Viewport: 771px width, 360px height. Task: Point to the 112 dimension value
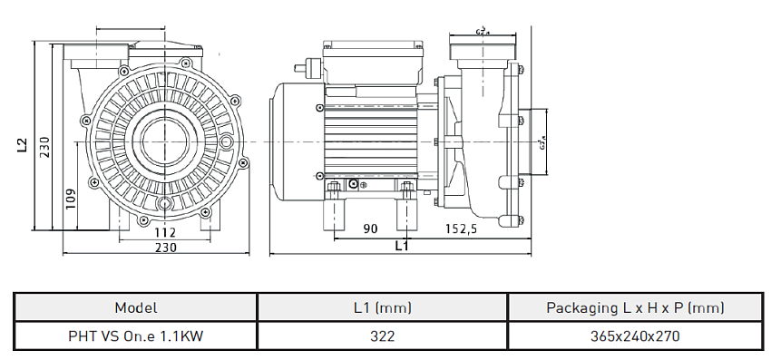pyautogui.click(x=165, y=232)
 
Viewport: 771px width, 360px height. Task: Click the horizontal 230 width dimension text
pyautogui.click(x=165, y=247)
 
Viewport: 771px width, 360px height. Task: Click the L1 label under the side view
pyautogui.click(x=401, y=246)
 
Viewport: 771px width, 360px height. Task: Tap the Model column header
pyautogui.click(x=136, y=307)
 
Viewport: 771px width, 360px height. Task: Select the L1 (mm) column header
pyautogui.click(x=382, y=307)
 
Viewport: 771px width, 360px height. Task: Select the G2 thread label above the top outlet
pyautogui.click(x=483, y=32)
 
